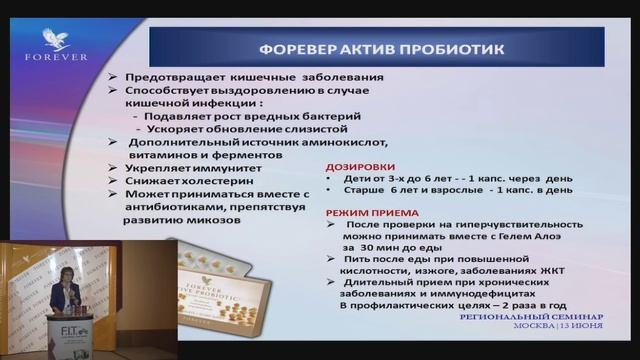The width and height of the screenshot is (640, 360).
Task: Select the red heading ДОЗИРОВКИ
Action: [360, 167]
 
